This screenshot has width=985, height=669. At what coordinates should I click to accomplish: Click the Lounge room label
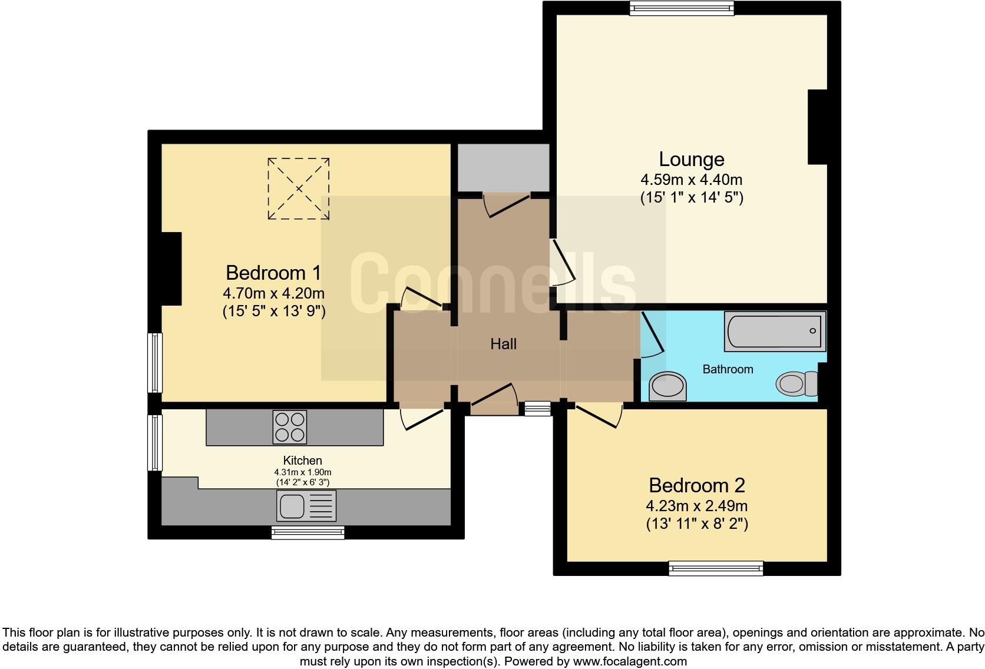[x=692, y=160]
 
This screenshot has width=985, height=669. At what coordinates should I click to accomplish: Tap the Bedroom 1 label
[x=273, y=273]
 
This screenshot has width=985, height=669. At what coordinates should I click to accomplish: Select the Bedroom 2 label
[x=697, y=486]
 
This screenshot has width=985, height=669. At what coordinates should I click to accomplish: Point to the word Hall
[x=504, y=345]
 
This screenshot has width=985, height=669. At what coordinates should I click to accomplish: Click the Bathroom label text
[x=728, y=369]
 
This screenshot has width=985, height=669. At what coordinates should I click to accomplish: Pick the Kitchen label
[x=303, y=461]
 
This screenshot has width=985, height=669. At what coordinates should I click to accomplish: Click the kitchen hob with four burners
[x=290, y=427]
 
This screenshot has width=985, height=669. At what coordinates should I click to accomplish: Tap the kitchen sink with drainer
[x=306, y=506]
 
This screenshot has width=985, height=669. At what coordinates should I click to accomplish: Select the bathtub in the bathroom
[x=775, y=331]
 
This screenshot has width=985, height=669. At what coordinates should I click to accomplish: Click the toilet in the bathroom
[x=797, y=384]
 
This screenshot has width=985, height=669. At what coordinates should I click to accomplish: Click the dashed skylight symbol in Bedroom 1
[x=299, y=188]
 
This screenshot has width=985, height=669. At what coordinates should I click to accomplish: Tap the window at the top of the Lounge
[x=682, y=8]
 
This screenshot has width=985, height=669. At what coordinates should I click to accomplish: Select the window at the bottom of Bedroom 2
[x=716, y=568]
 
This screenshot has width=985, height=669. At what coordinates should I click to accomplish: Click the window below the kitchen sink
[x=308, y=533]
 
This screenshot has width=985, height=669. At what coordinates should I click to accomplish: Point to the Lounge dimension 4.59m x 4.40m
[x=692, y=180]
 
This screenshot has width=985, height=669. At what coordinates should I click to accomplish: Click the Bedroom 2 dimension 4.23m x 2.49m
[x=697, y=506]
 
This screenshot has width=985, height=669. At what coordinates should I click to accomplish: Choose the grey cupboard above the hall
[x=503, y=167]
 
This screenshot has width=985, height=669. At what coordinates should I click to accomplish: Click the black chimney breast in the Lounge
[x=818, y=127]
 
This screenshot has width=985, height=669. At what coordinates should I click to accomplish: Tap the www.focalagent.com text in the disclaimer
[x=629, y=661]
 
